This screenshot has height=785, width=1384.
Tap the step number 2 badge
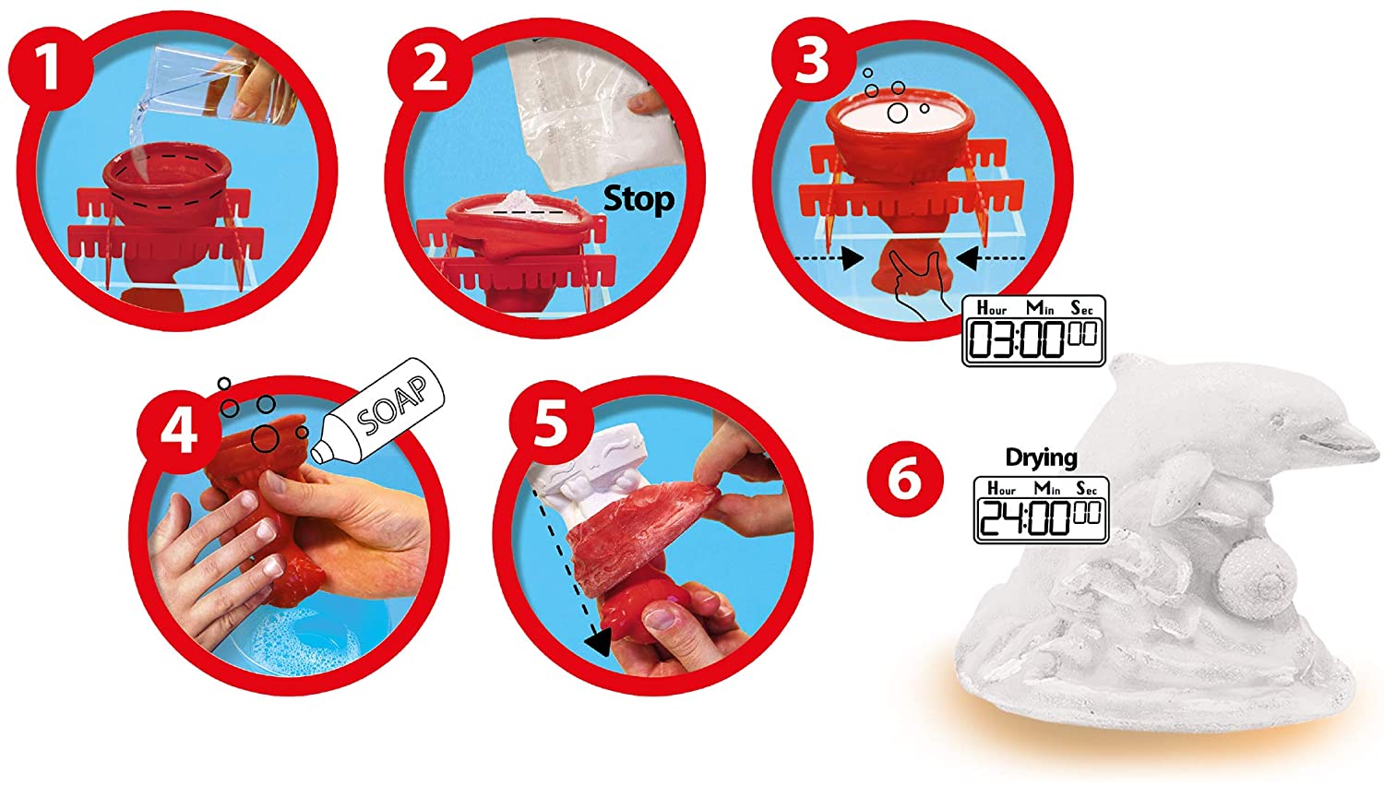[430, 69]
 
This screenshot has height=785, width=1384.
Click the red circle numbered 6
[905, 480]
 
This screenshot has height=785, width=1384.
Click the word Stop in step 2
[638, 200]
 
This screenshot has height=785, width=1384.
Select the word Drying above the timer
[1041, 458]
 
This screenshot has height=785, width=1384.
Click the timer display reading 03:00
[1033, 331]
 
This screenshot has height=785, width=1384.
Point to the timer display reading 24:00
[1041, 510]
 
